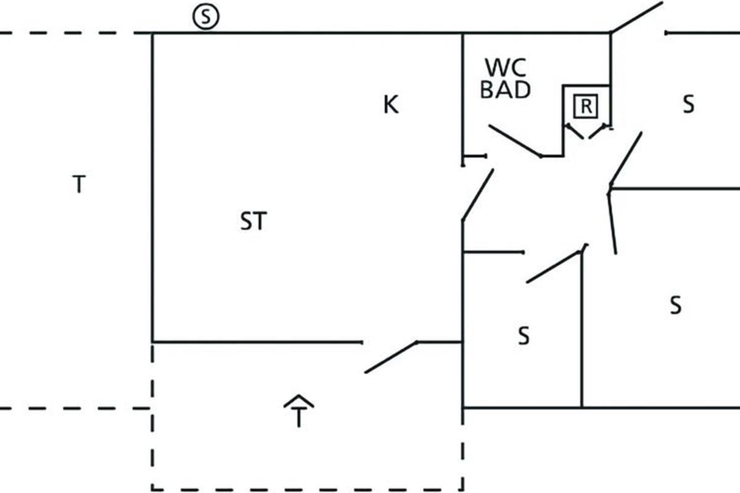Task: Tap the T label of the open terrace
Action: pos(78,184)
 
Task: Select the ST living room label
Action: pos(253,221)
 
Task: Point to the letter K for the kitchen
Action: pos(391,105)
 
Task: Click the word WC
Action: pos(506,67)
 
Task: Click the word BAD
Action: pos(505,90)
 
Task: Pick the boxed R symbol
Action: pos(586,107)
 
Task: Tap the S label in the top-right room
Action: pos(688,105)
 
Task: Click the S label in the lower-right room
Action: pos(676,304)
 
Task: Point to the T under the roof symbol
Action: pos(299,418)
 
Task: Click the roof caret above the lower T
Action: pos(299,401)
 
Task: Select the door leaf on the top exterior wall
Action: pos(636,17)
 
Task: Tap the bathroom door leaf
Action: pos(515,141)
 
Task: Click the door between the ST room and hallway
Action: pos(477,195)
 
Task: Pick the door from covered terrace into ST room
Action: pos(391,357)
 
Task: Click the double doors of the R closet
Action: pos(587,131)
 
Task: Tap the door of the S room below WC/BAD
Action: pos(554,267)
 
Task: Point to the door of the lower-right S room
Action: pos(612,222)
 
